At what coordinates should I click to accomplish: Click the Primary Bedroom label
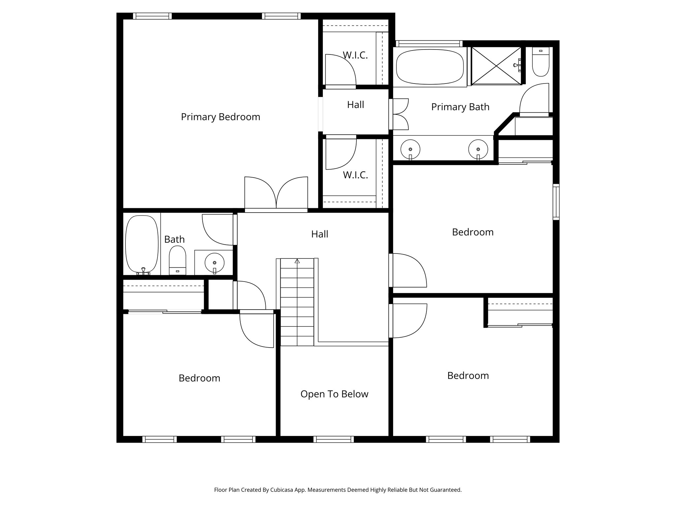220,117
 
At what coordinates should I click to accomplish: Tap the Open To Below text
334,394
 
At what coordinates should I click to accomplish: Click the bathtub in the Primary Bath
430,67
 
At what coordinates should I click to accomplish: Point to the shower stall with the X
496,66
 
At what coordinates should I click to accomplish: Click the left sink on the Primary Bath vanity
410,149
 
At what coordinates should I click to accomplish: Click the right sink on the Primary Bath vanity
478,149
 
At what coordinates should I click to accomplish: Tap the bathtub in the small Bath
142,244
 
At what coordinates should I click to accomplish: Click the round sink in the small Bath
215,263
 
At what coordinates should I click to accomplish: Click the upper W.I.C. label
355,55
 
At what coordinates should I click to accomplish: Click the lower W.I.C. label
355,175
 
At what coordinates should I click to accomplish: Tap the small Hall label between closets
355,105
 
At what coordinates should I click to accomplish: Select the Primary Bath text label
460,107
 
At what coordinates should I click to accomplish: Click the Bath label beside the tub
174,239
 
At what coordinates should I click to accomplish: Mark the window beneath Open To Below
333,439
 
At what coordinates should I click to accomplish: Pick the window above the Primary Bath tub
428,44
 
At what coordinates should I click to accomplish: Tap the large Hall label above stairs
320,234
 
